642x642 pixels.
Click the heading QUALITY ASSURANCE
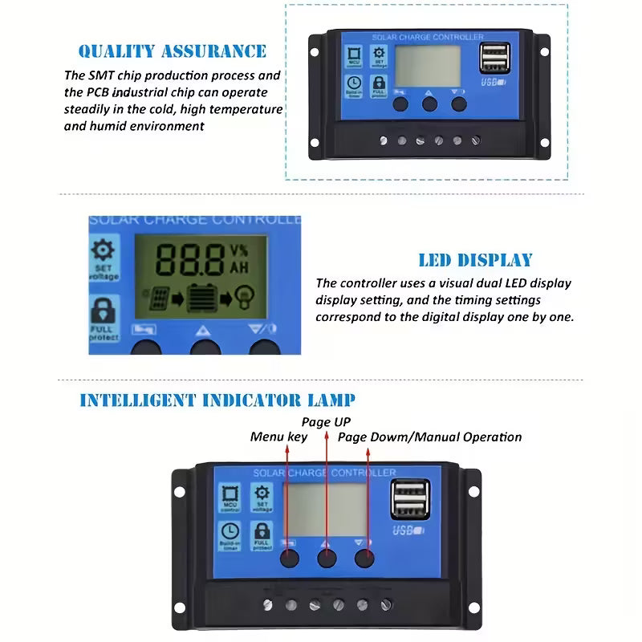coord(172,51)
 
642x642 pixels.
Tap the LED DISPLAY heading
coord(475,260)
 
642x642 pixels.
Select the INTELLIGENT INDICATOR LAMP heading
coord(217,400)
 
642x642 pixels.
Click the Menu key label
coord(278,437)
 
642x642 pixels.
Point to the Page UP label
coord(326,421)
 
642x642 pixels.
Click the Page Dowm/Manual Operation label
coord(429,437)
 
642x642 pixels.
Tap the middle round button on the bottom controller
coord(327,559)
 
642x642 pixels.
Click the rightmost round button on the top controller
coord(458,104)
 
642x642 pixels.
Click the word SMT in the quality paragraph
coord(106,75)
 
